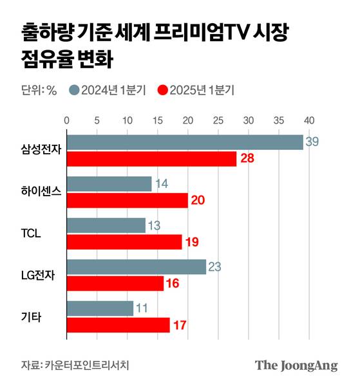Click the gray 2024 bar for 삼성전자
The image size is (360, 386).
click(185, 142)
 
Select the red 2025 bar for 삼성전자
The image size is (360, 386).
click(151, 159)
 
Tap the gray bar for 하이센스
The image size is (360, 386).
click(109, 184)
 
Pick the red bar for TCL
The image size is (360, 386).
click(124, 242)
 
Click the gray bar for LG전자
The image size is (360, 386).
click(136, 267)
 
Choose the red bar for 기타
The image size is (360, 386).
click(118, 325)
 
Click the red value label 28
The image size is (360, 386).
click(246, 159)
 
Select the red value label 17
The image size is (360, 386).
click(179, 325)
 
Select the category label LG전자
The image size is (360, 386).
click(38, 275)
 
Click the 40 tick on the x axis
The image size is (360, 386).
click(309, 120)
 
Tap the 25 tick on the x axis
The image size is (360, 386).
click(218, 120)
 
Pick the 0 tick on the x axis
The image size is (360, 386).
click(66, 120)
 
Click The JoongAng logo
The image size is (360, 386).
click(296, 365)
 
